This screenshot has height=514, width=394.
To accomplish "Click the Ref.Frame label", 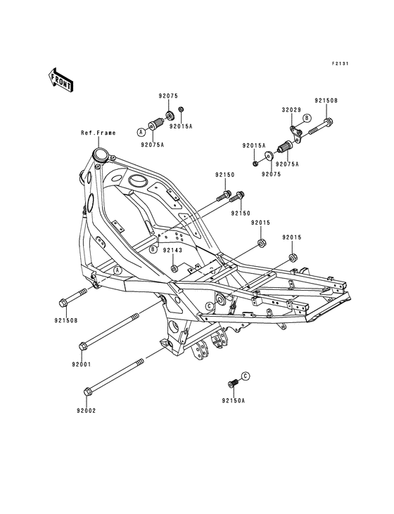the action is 99,133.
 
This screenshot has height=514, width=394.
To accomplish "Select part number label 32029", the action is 291,110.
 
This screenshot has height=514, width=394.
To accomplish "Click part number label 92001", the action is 82,364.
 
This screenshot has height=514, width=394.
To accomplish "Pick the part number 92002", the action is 87,410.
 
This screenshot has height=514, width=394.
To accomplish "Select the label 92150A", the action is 233,400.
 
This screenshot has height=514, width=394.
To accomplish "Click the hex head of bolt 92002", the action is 88,391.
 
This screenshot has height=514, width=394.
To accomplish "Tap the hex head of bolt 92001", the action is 83,346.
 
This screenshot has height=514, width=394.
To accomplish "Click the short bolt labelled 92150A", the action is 233,383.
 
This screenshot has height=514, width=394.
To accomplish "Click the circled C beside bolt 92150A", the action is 246,376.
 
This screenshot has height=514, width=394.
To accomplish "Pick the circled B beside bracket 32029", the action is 306,118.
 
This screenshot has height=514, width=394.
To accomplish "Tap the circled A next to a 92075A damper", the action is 141,132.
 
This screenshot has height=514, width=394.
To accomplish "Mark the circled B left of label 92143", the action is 153,250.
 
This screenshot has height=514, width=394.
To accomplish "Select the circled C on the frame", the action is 209,306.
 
